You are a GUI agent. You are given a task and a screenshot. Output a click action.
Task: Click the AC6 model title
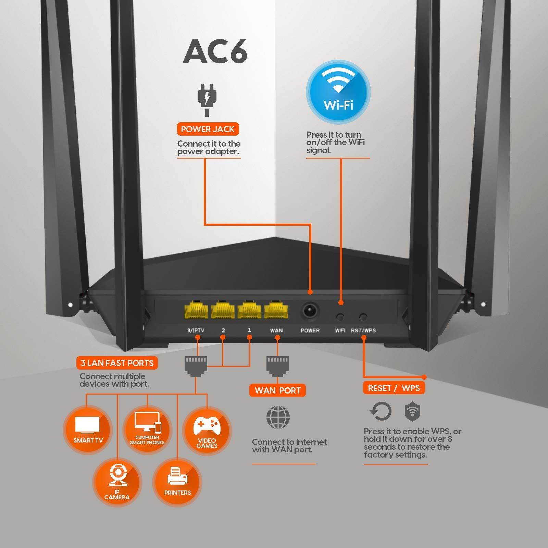(x=215, y=51)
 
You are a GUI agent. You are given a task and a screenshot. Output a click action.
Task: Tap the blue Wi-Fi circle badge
(x=338, y=92)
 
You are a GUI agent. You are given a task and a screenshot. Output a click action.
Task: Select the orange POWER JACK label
(x=208, y=129)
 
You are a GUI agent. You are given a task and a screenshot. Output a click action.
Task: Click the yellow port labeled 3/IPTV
(x=196, y=311)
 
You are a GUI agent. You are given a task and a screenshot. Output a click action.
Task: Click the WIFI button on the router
(x=340, y=317)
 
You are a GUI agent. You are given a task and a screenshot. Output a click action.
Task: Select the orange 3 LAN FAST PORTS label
(x=117, y=363)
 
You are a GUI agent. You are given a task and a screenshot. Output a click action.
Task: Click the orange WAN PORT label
(x=277, y=390)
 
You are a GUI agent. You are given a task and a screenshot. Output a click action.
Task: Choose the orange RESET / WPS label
(x=394, y=388)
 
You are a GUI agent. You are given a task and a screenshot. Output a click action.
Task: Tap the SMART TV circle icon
(x=88, y=430)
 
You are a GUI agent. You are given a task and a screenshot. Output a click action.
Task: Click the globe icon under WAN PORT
(x=278, y=417)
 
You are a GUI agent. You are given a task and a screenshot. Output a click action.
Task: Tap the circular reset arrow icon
(x=381, y=411)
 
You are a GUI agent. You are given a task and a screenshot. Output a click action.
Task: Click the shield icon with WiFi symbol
(x=412, y=412)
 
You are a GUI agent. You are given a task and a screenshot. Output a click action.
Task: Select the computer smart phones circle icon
(x=147, y=430)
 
